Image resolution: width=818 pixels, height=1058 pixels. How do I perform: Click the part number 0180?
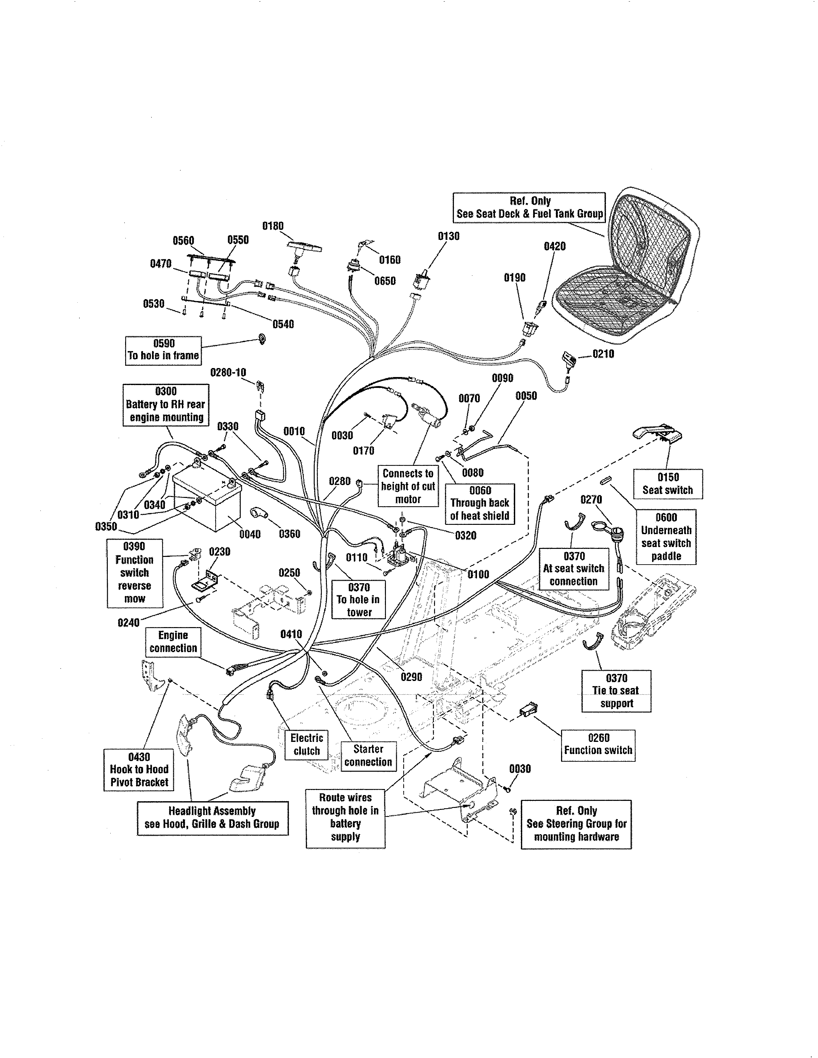pyautogui.click(x=273, y=226)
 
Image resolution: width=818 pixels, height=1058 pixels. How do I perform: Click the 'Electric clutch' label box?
pyautogui.click(x=306, y=744)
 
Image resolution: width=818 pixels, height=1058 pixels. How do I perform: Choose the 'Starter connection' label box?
pyautogui.click(x=368, y=755)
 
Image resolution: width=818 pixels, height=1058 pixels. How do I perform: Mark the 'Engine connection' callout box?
pyautogui.click(x=173, y=642)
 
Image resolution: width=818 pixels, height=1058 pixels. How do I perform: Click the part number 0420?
pyautogui.click(x=554, y=247)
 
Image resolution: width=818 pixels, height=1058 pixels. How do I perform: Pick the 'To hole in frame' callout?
pyautogui.click(x=163, y=350)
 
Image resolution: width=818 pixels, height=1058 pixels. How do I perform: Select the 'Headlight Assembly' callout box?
pyautogui.click(x=212, y=818)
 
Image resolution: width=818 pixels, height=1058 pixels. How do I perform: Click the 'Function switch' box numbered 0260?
pyautogui.click(x=598, y=744)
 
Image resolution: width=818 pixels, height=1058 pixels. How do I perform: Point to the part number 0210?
pyautogui.click(x=603, y=354)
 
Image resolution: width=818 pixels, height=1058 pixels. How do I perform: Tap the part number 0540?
pyautogui.click(x=283, y=324)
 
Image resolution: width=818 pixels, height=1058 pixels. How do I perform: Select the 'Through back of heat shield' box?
pyautogui.click(x=480, y=503)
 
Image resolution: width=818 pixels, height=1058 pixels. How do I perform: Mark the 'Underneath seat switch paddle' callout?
pyautogui.click(x=666, y=537)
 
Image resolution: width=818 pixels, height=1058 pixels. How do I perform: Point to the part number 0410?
pyautogui.click(x=291, y=634)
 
